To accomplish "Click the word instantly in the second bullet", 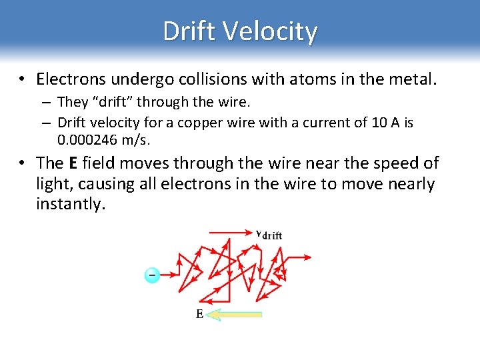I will pyautogui.click(x=70, y=204).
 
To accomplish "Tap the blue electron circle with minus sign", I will pyautogui.click(x=152, y=275).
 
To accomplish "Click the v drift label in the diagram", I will pyautogui.click(x=269, y=234).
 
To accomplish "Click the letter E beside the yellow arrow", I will pyautogui.click(x=200, y=314).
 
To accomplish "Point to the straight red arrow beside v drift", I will pyautogui.click(x=230, y=233).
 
